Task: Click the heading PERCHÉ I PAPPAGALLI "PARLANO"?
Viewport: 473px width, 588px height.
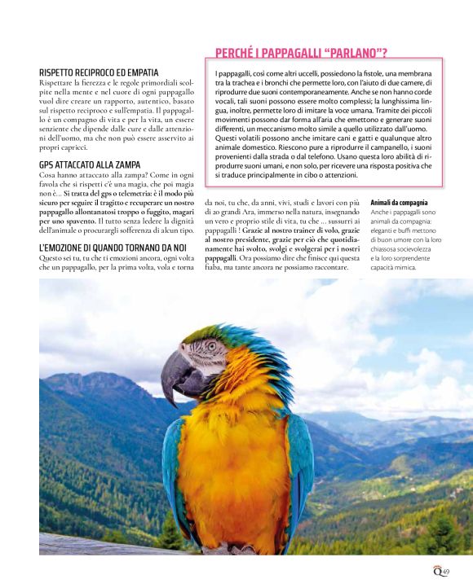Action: click(x=300, y=55)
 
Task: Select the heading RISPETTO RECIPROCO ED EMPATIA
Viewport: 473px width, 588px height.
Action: click(x=99, y=72)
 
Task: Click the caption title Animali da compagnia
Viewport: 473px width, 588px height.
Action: click(x=399, y=201)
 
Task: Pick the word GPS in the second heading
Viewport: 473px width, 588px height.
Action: click(x=47, y=165)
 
